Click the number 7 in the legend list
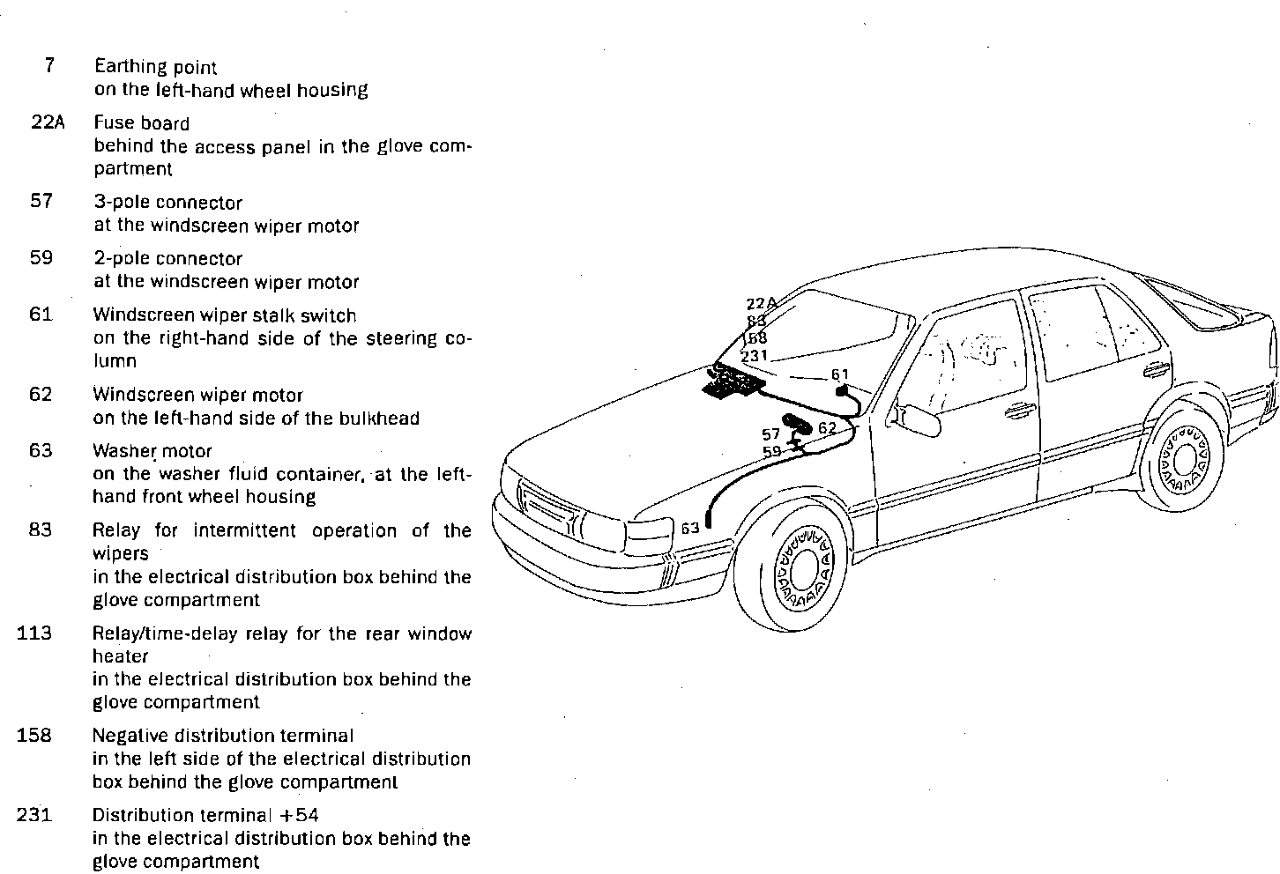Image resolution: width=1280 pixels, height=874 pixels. point(48,65)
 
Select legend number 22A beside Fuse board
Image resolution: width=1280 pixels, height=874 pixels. point(48,122)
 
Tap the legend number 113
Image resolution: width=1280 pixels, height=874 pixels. point(34,633)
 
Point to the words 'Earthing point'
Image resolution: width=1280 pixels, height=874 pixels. point(155,66)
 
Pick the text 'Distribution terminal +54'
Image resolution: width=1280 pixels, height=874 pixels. point(205,815)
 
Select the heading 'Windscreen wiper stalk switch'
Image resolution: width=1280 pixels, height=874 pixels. point(225,315)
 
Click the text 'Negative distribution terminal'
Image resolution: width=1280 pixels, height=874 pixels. point(223,735)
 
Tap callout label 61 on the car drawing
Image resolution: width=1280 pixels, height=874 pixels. point(839,374)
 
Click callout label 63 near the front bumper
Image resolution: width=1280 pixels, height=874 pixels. point(690,528)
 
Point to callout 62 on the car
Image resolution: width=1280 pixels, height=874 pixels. point(827,428)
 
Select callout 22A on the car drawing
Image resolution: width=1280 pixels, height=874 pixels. point(761,304)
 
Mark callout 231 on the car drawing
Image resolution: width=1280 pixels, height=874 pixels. point(755,356)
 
